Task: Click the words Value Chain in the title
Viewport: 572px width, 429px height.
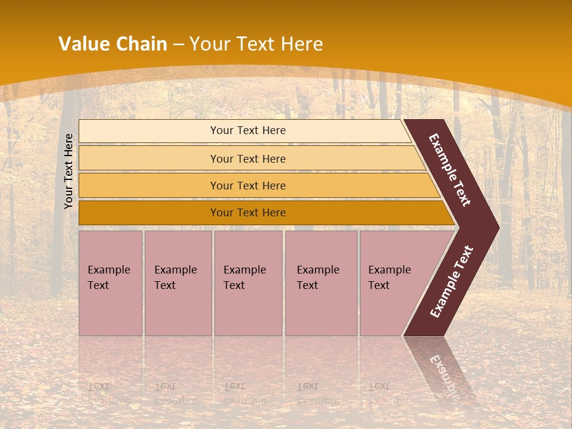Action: pos(113,44)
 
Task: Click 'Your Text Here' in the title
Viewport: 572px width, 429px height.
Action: pos(256,44)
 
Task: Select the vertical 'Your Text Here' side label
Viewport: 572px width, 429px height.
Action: pos(69,171)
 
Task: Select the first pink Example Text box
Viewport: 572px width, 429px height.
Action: pos(110,283)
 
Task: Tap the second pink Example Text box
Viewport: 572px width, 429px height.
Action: pos(178,283)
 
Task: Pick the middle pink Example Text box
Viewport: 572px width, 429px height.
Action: pos(248,283)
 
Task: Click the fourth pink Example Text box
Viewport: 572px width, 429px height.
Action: pos(321,283)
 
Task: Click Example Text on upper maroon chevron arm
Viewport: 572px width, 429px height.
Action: pos(450,170)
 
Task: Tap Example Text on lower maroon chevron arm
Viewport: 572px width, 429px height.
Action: pos(452,282)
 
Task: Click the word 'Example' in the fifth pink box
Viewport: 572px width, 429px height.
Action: pos(389,270)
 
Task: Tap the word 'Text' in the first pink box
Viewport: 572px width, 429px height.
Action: pos(98,285)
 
